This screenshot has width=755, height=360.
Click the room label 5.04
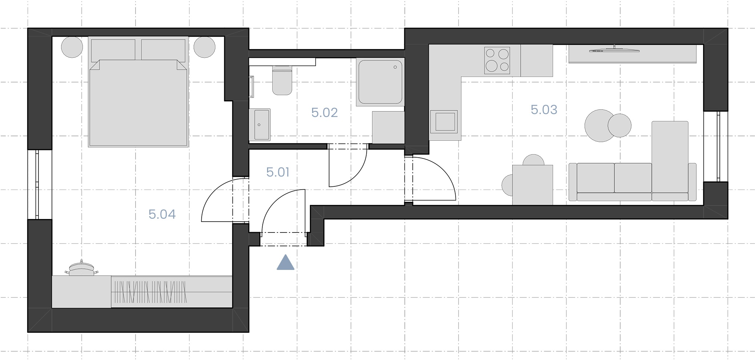pyautogui.click(x=162, y=214)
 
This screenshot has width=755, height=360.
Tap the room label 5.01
pyautogui.click(x=278, y=172)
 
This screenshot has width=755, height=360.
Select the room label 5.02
pyautogui.click(x=324, y=113)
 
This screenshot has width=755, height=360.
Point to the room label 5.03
pyautogui.click(x=544, y=110)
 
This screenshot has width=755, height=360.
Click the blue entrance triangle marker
pyautogui.click(x=286, y=262)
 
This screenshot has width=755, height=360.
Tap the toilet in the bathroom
pyautogui.click(x=282, y=80)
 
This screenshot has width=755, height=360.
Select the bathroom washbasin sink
pyautogui.click(x=260, y=125)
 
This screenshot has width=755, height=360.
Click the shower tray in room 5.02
pyautogui.click(x=380, y=82)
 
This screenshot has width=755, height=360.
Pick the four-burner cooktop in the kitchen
pyautogui.click(x=497, y=60)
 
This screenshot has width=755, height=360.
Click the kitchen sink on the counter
pyautogui.click(x=443, y=122)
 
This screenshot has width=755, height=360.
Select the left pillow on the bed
pyautogui.click(x=113, y=50)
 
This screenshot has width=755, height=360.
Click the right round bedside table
pyautogui.click(x=205, y=47)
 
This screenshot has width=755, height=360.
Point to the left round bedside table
pyautogui.click(x=72, y=47)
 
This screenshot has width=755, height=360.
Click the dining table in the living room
pyautogui.click(x=532, y=185)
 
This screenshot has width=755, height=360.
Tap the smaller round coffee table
pyautogui.click(x=619, y=125)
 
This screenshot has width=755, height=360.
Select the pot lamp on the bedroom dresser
pyautogui.click(x=81, y=268)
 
